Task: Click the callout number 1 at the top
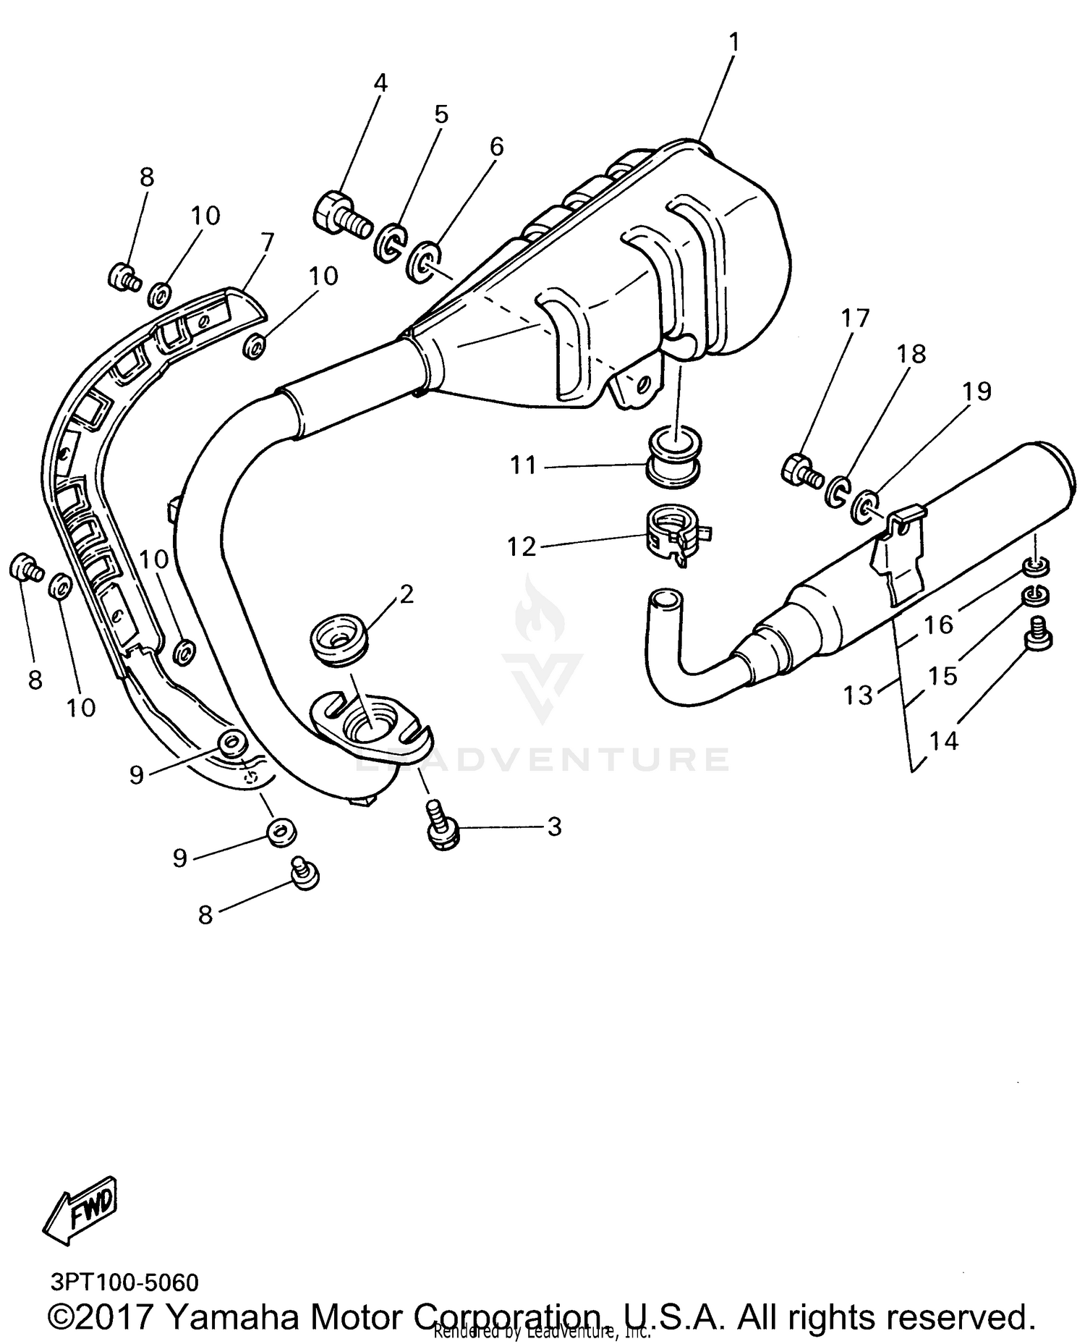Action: [733, 44]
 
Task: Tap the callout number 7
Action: [268, 242]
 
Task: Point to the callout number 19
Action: [977, 392]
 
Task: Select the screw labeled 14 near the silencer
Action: [1038, 634]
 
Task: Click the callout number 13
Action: [859, 696]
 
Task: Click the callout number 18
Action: [911, 355]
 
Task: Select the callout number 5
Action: [441, 115]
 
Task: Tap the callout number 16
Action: [939, 624]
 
